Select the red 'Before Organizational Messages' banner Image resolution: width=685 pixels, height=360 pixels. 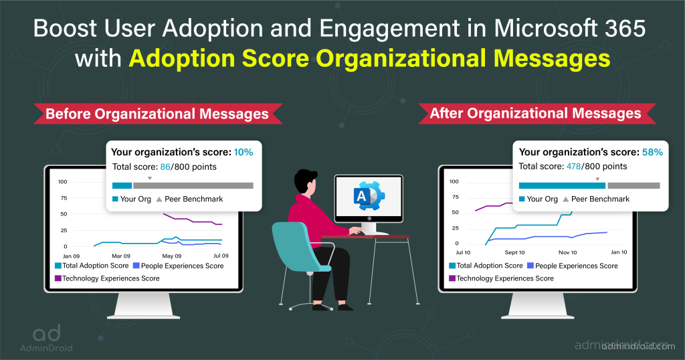click(157, 114)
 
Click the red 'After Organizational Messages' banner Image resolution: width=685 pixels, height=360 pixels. click(535, 114)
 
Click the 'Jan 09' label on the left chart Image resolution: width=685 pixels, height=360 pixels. click(71, 256)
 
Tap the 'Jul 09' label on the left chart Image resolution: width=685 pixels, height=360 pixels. click(220, 256)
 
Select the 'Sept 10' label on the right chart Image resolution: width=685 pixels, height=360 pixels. click(514, 252)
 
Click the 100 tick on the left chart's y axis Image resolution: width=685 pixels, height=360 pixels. click(62, 182)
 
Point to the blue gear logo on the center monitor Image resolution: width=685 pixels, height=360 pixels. click(370, 196)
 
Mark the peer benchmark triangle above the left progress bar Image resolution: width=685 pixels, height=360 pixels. click(150, 178)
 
